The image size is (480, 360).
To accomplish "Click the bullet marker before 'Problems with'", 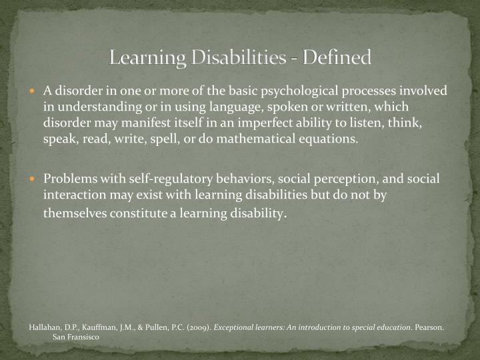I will point(37,179).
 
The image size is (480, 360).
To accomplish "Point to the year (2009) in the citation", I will point(199,328).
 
